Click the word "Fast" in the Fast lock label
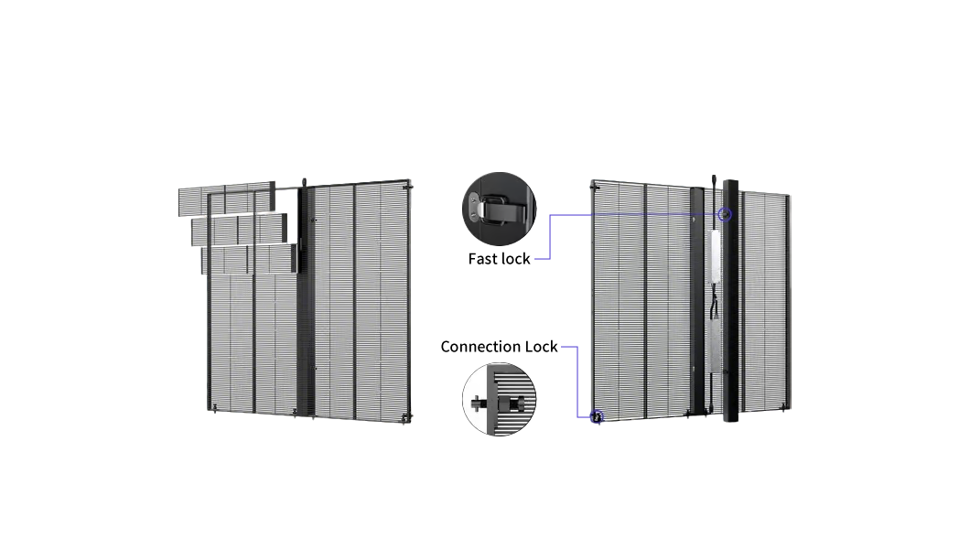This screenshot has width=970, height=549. pyautogui.click(x=482, y=258)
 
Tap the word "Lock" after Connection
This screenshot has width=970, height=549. pyautogui.click(x=542, y=347)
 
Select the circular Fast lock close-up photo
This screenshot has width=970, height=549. pyautogui.click(x=500, y=209)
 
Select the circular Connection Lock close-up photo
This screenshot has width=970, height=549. pyautogui.click(x=500, y=399)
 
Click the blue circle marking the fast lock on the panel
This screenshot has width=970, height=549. pyautogui.click(x=725, y=214)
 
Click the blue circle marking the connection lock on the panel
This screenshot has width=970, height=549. pyautogui.click(x=597, y=417)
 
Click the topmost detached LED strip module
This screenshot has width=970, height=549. pyautogui.click(x=226, y=198)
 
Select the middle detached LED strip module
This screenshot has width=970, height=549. pyautogui.click(x=240, y=229)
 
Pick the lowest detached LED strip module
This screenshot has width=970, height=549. pyautogui.click(x=250, y=259)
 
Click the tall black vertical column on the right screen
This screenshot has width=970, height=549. pyautogui.click(x=730, y=300)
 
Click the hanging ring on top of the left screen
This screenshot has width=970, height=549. pyautogui.click(x=304, y=183)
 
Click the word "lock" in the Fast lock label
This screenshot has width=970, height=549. pyautogui.click(x=514, y=258)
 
